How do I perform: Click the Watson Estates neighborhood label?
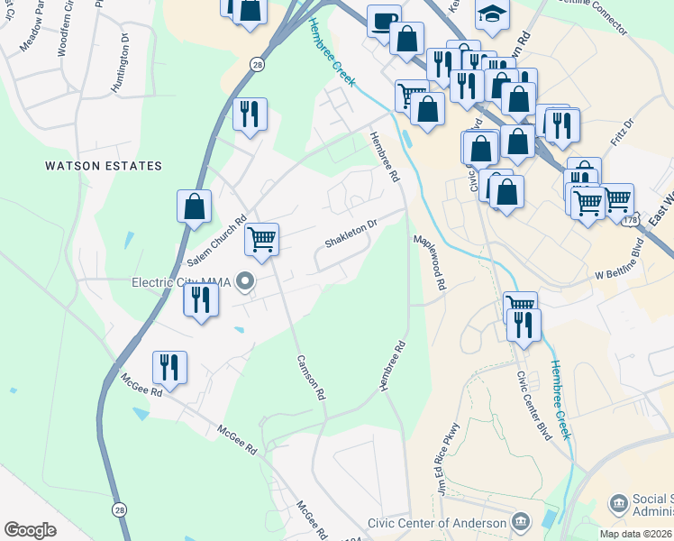(x=105, y=166)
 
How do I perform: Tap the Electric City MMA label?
(x=181, y=282)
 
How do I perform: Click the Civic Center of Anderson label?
(x=437, y=524)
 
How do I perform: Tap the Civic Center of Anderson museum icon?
(x=521, y=522)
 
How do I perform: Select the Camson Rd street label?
(x=310, y=376)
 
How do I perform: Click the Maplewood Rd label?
(x=430, y=262)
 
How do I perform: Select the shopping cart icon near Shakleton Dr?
(x=261, y=240)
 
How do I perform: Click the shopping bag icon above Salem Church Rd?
(x=194, y=206)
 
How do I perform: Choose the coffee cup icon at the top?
(x=385, y=21)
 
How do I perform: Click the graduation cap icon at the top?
(x=492, y=12)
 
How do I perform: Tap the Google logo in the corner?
(x=31, y=529)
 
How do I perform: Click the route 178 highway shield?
(x=636, y=220)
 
